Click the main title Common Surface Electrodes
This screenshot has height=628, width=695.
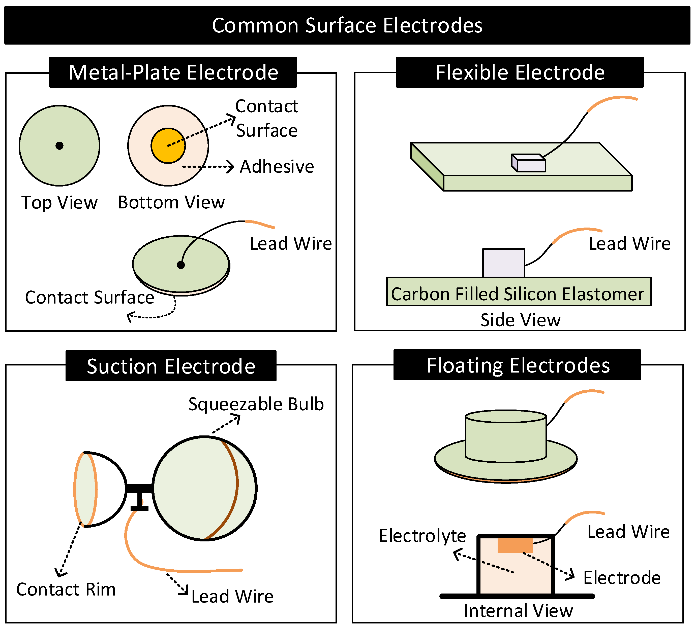(347, 25)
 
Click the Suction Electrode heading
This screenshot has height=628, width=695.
(171, 366)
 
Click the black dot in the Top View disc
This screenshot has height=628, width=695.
(59, 146)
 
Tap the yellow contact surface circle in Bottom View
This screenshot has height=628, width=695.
(168, 146)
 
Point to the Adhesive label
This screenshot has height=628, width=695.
(277, 167)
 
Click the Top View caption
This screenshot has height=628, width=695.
(59, 202)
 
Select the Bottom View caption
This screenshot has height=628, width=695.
(171, 202)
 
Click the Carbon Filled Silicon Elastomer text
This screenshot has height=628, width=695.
(518, 294)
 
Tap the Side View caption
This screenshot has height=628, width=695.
(520, 320)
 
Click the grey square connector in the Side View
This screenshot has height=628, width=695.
(504, 263)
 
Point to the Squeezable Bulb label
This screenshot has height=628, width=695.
(256, 404)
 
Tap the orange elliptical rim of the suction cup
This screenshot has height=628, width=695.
(75, 489)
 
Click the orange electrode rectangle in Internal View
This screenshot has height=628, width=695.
(515, 545)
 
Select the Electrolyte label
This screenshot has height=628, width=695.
(422, 536)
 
